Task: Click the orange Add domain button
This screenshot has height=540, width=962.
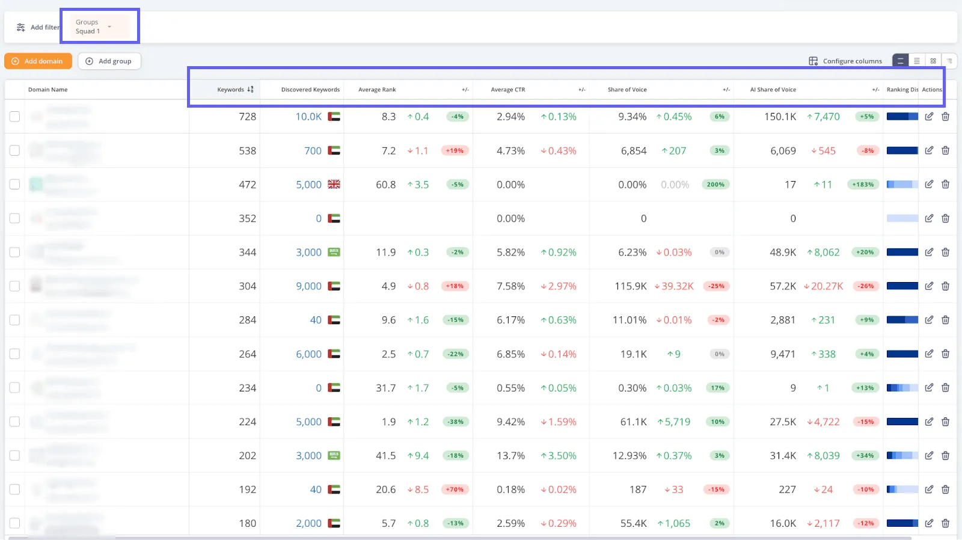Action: click(38, 61)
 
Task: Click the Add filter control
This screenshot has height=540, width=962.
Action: click(38, 28)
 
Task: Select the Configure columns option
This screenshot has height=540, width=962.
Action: click(846, 61)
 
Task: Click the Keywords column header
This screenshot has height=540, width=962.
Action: click(231, 90)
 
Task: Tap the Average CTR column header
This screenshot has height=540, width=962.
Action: click(507, 90)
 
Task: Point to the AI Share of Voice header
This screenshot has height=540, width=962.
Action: click(773, 90)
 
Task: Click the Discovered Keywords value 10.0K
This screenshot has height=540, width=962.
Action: click(308, 117)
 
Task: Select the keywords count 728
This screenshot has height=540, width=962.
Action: click(247, 117)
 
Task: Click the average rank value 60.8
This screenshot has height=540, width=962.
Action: click(385, 185)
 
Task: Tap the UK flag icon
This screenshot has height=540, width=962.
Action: click(334, 185)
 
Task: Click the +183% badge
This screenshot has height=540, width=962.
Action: click(863, 185)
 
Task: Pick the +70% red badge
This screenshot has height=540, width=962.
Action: click(455, 489)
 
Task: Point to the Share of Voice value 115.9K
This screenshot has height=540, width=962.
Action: click(630, 286)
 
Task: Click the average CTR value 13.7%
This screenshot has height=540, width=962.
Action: click(510, 456)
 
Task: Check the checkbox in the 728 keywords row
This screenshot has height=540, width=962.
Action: click(15, 117)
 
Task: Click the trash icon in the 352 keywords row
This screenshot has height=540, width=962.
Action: click(945, 218)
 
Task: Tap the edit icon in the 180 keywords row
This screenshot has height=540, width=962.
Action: click(929, 523)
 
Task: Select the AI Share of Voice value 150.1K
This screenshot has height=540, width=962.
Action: click(780, 117)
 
